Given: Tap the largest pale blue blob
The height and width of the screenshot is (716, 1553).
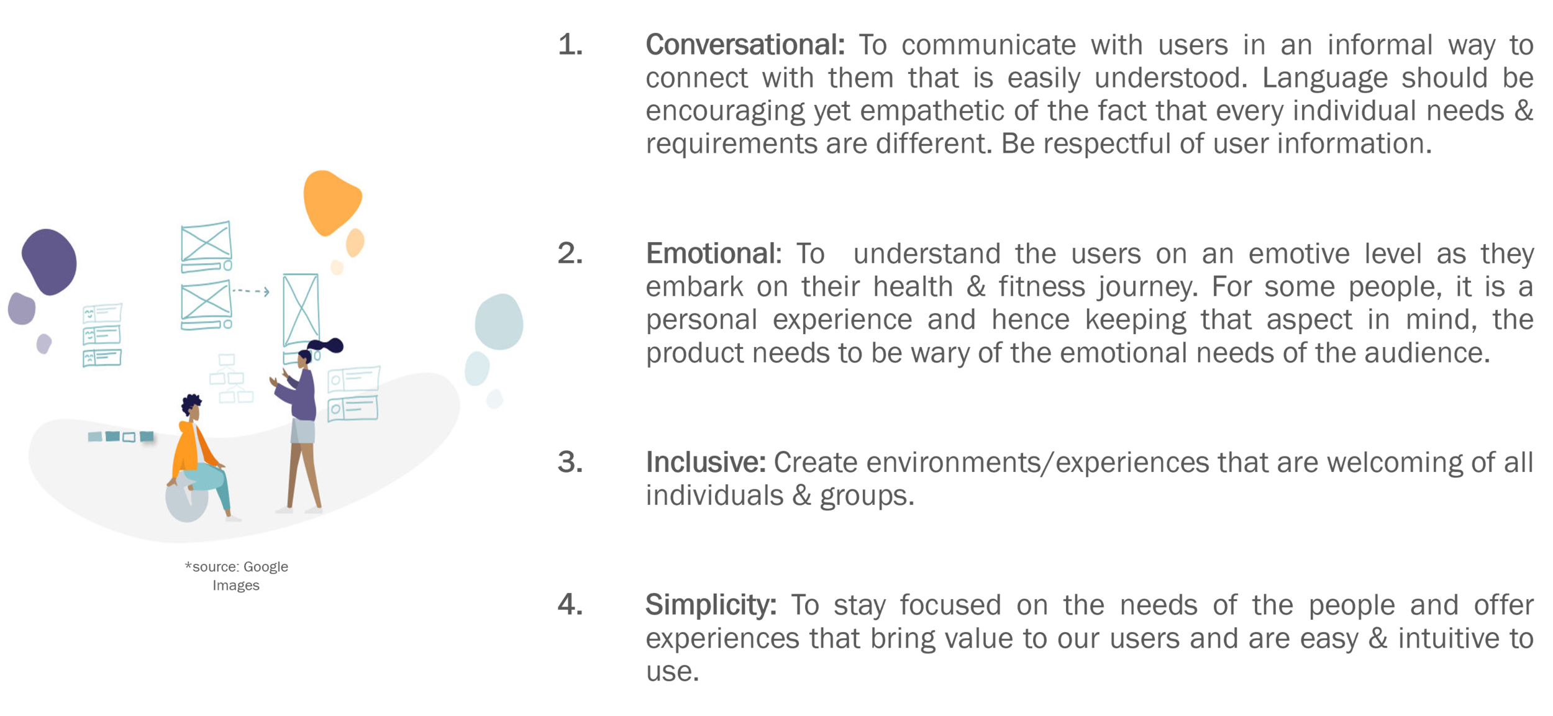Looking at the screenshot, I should click(499, 322).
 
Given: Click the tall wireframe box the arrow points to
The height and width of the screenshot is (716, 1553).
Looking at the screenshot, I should click(301, 310).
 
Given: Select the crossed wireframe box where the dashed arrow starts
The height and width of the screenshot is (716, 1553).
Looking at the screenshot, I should click(206, 300).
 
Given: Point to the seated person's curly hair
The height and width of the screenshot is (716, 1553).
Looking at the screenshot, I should click(191, 404).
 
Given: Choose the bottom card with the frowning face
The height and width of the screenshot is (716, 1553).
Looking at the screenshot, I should click(102, 358).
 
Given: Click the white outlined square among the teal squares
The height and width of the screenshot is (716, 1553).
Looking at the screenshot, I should click(129, 437).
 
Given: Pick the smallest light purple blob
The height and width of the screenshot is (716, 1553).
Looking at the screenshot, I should click(43, 343).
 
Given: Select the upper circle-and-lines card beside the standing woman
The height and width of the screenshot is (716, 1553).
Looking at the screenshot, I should click(353, 379).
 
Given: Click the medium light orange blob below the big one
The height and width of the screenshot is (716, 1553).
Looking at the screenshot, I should click(355, 243).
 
